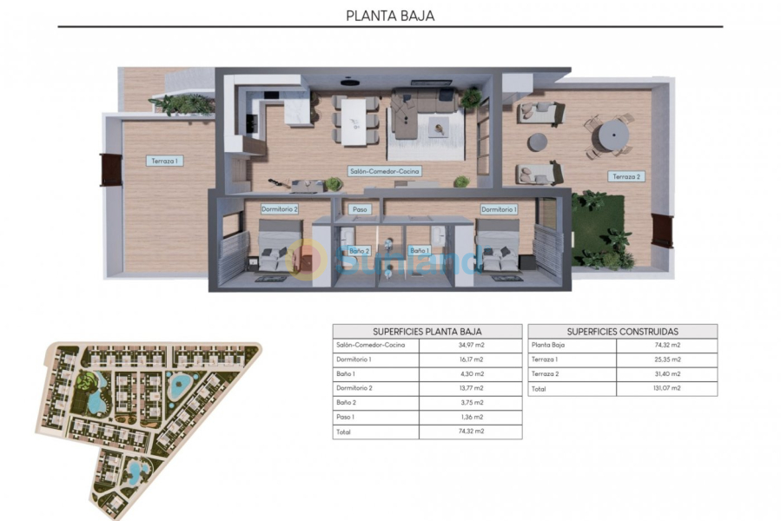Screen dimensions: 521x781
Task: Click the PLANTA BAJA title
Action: pos(390,15)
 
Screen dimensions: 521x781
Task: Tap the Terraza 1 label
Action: pos(164,161)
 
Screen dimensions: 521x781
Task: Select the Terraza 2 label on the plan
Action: pos(625,176)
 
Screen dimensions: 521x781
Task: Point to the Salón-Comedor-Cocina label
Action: pos(384,171)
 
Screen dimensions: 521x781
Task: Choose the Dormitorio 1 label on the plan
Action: pos(499,209)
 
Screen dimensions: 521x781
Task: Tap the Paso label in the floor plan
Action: pos(359,209)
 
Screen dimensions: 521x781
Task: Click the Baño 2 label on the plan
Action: pos(359,251)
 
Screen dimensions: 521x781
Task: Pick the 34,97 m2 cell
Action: pos(470,346)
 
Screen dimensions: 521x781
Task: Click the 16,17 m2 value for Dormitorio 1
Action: pos(470,359)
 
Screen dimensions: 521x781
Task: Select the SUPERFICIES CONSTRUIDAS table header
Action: pos(622,332)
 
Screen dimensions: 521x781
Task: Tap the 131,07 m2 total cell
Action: pos(667,388)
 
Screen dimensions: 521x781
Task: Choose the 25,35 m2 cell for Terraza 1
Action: pos(667,359)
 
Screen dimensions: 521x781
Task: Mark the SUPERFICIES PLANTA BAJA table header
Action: pos(427,332)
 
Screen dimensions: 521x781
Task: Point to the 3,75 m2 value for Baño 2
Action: pos(470,402)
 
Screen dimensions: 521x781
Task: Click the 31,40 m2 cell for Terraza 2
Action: pos(667,373)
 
